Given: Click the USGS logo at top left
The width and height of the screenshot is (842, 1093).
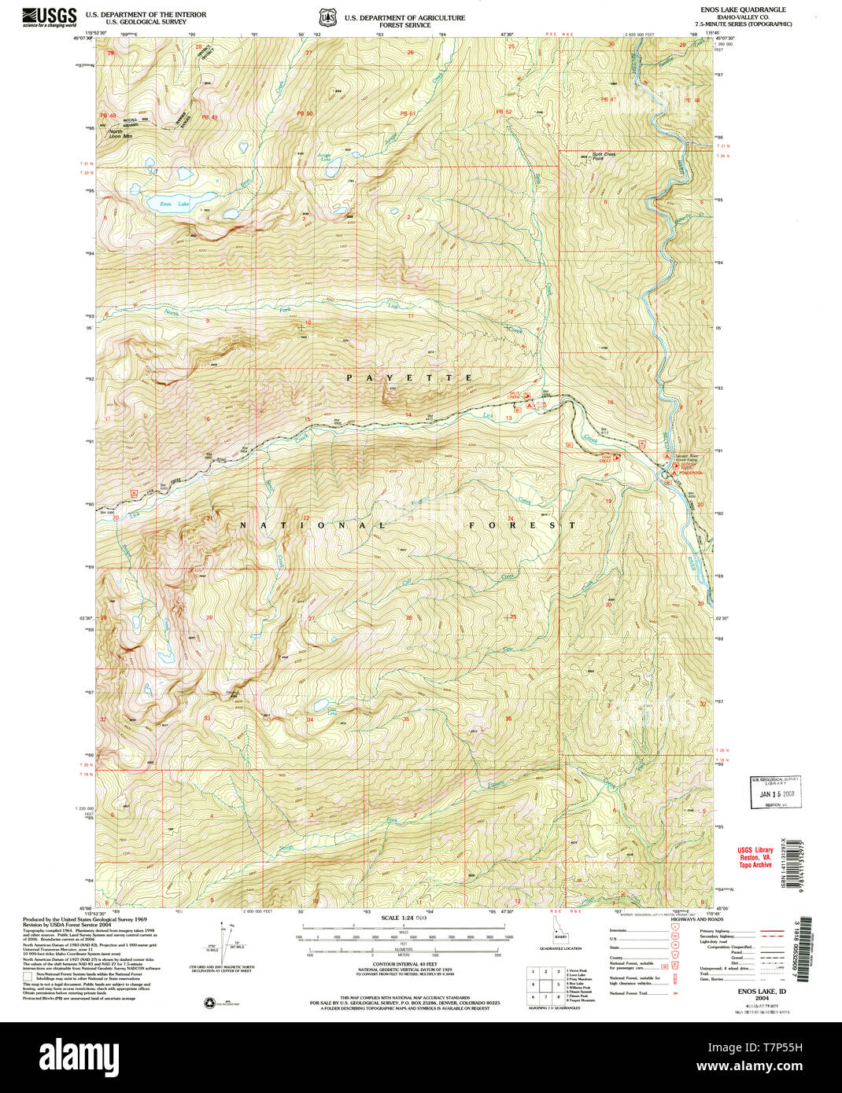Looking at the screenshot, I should pyautogui.click(x=50, y=17).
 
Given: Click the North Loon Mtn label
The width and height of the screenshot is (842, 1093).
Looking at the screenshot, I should pyautogui.click(x=120, y=134).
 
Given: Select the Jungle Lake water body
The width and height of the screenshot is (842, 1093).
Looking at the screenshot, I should pyautogui.click(x=334, y=166).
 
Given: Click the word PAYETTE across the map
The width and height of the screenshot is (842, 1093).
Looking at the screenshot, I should pyautogui.click(x=409, y=378).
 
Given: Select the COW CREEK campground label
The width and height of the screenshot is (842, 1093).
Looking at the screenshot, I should pyautogui.click(x=607, y=457).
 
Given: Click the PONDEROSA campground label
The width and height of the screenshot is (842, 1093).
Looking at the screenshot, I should pyautogui.click(x=692, y=472).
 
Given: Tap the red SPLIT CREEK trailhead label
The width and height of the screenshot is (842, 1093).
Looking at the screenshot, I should pyautogui.click(x=514, y=395).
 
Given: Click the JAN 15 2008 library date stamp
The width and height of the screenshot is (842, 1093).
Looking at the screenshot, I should pyautogui.click(x=775, y=793).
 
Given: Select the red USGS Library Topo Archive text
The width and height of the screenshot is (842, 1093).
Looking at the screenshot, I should pyautogui.click(x=755, y=857).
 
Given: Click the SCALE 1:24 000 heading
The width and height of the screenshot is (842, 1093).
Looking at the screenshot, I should pyautogui.click(x=404, y=918).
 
